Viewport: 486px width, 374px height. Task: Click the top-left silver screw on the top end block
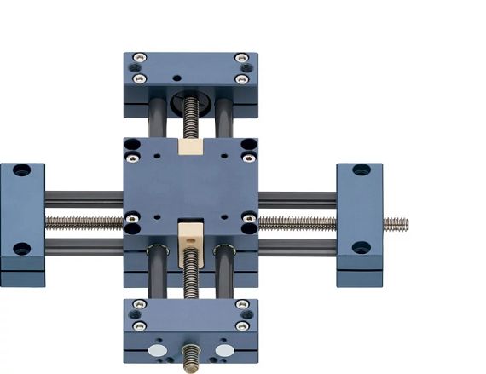click(140, 58)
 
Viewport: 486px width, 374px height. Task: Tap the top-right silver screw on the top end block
click(241, 58)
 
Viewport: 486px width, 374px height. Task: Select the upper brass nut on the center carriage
click(191, 147)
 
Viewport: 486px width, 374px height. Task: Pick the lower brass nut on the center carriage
click(191, 232)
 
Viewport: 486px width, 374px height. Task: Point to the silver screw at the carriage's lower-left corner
click(132, 219)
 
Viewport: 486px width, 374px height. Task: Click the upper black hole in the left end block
click(21, 170)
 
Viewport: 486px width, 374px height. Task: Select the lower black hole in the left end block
click(21, 249)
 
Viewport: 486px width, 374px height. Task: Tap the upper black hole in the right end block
click(361, 170)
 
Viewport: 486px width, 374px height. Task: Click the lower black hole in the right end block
click(361, 249)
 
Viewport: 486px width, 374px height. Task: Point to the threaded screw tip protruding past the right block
click(396, 224)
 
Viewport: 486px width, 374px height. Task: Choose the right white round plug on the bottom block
click(224, 350)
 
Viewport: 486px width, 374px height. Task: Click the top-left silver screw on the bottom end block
click(140, 305)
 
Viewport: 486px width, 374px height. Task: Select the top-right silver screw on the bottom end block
click(241, 305)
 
